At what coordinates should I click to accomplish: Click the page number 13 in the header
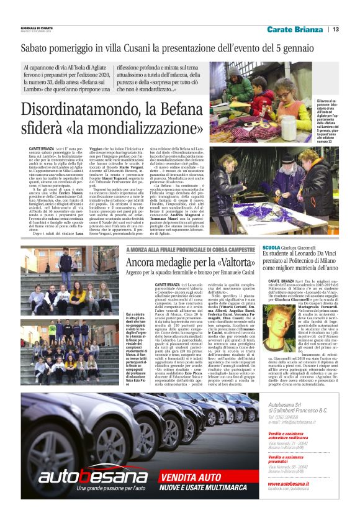tap(335, 29)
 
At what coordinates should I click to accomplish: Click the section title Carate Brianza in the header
tap(295, 29)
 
